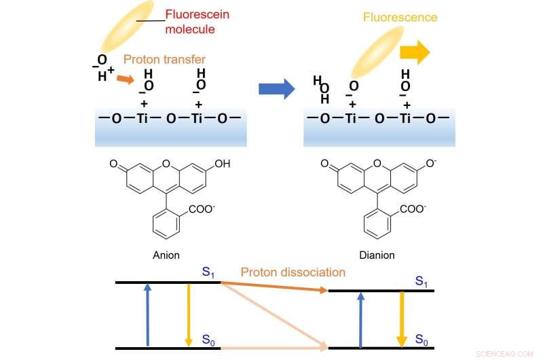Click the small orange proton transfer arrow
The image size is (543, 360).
point(124,79)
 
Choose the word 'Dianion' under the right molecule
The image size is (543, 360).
point(378,256)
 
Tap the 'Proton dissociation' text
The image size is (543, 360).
point(293,272)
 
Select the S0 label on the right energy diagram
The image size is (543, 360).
point(422,338)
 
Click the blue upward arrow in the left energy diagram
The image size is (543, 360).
point(147,315)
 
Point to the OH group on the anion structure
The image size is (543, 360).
point(220,164)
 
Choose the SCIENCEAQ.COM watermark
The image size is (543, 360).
point(504,353)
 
